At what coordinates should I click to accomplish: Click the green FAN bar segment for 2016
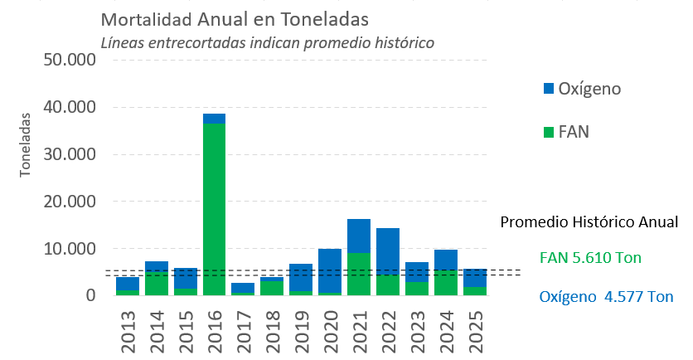click(215, 207)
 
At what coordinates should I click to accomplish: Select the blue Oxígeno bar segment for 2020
click(330, 270)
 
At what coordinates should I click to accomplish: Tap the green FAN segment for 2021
click(359, 274)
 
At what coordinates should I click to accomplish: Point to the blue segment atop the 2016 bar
click(215, 119)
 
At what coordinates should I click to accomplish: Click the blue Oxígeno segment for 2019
click(301, 278)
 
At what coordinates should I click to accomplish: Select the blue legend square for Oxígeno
click(547, 88)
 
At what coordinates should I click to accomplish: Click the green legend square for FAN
click(547, 131)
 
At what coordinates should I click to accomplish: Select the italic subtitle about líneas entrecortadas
click(267, 41)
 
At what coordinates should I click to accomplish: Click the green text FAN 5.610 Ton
click(590, 258)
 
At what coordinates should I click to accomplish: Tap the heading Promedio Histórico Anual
click(589, 222)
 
